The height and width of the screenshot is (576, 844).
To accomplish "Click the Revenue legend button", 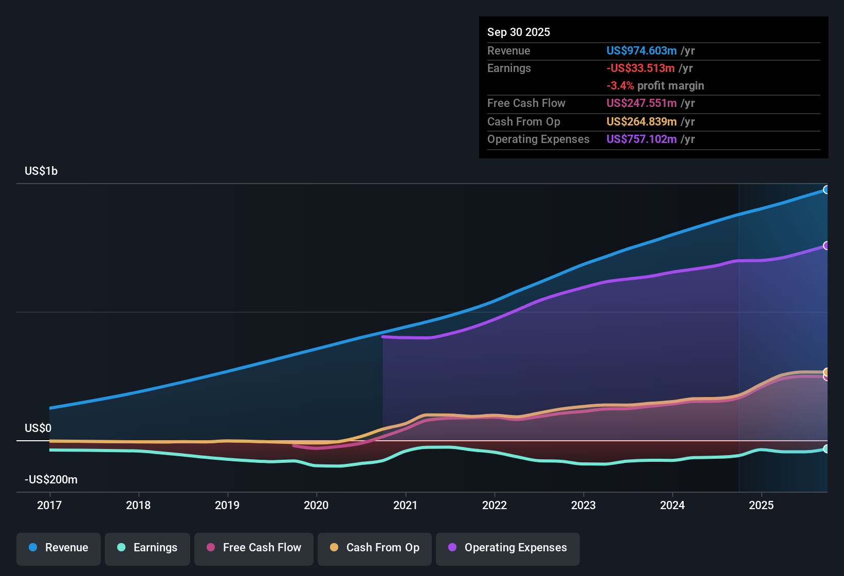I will click(59, 548).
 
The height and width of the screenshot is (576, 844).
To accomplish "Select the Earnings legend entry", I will click(148, 548).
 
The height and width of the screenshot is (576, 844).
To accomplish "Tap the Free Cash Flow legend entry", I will click(254, 548).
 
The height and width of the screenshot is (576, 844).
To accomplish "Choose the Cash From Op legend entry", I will click(375, 548).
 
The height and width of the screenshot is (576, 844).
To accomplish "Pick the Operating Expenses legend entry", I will click(508, 548).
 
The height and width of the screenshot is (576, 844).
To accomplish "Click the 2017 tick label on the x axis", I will click(49, 505).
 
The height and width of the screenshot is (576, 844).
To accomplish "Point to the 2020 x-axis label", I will click(316, 505).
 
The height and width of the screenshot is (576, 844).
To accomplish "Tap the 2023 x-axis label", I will click(583, 505).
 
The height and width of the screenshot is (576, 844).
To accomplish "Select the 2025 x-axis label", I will click(761, 505).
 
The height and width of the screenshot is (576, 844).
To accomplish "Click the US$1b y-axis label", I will click(41, 171).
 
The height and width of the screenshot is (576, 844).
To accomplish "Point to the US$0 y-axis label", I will click(38, 428).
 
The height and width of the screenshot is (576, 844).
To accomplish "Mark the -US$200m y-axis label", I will click(51, 480).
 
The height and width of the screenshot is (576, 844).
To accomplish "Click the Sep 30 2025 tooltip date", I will click(518, 32).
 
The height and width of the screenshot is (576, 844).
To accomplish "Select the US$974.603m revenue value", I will click(641, 50).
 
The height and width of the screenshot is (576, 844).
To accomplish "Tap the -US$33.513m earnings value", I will click(640, 68).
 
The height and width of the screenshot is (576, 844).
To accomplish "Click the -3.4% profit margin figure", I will click(620, 86).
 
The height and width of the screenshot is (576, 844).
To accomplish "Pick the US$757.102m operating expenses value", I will click(641, 139).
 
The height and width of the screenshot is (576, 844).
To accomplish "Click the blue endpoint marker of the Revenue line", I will click(826, 190).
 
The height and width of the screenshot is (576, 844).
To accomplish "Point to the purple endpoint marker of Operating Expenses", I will click(826, 246).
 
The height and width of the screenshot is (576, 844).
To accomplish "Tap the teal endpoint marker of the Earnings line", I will click(826, 449).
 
